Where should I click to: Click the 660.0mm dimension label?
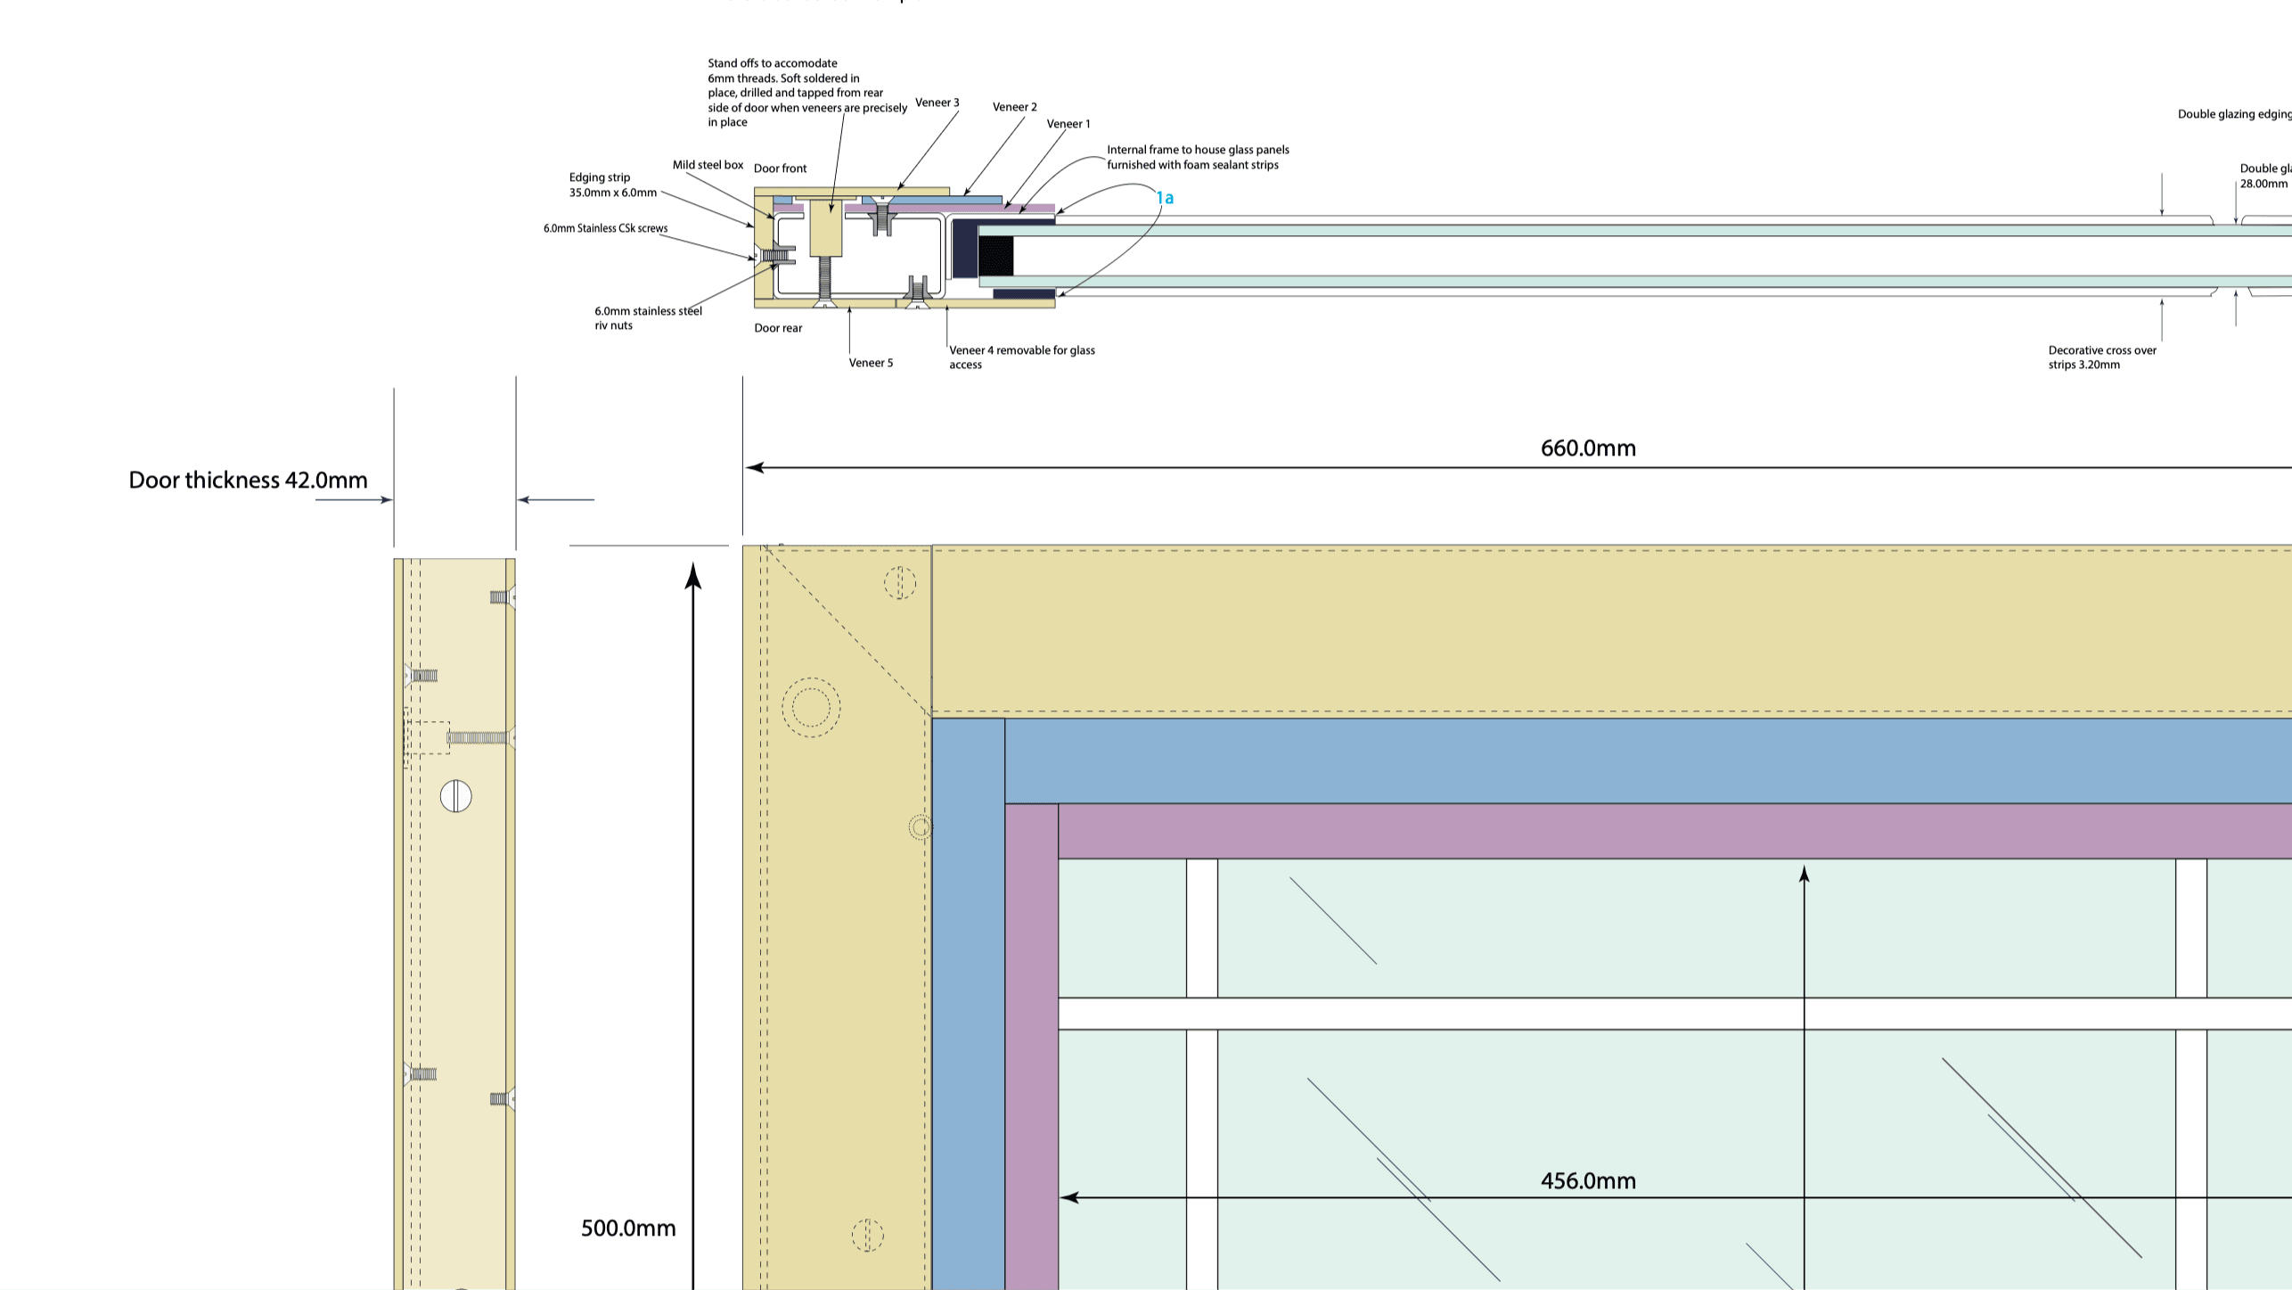click(1588, 448)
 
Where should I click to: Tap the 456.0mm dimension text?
click(1588, 1181)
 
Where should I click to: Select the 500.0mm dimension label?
click(628, 1228)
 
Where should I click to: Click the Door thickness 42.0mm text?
click(248, 481)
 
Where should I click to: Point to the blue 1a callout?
click(1165, 198)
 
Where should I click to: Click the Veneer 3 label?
click(937, 103)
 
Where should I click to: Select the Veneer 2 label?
click(1014, 107)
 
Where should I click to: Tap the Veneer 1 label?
click(1068, 124)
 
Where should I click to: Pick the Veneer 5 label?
click(871, 363)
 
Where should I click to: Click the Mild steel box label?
click(708, 165)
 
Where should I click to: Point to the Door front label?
click(780, 168)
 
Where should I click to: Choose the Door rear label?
click(778, 328)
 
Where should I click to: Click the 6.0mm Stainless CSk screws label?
click(605, 228)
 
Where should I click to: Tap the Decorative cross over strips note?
click(2101, 357)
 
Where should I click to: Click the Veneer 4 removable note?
click(1021, 357)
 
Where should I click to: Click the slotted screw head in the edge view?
click(455, 796)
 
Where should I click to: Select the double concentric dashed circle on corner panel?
click(811, 708)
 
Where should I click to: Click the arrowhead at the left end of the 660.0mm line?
click(754, 467)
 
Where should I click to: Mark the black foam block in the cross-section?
click(995, 255)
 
